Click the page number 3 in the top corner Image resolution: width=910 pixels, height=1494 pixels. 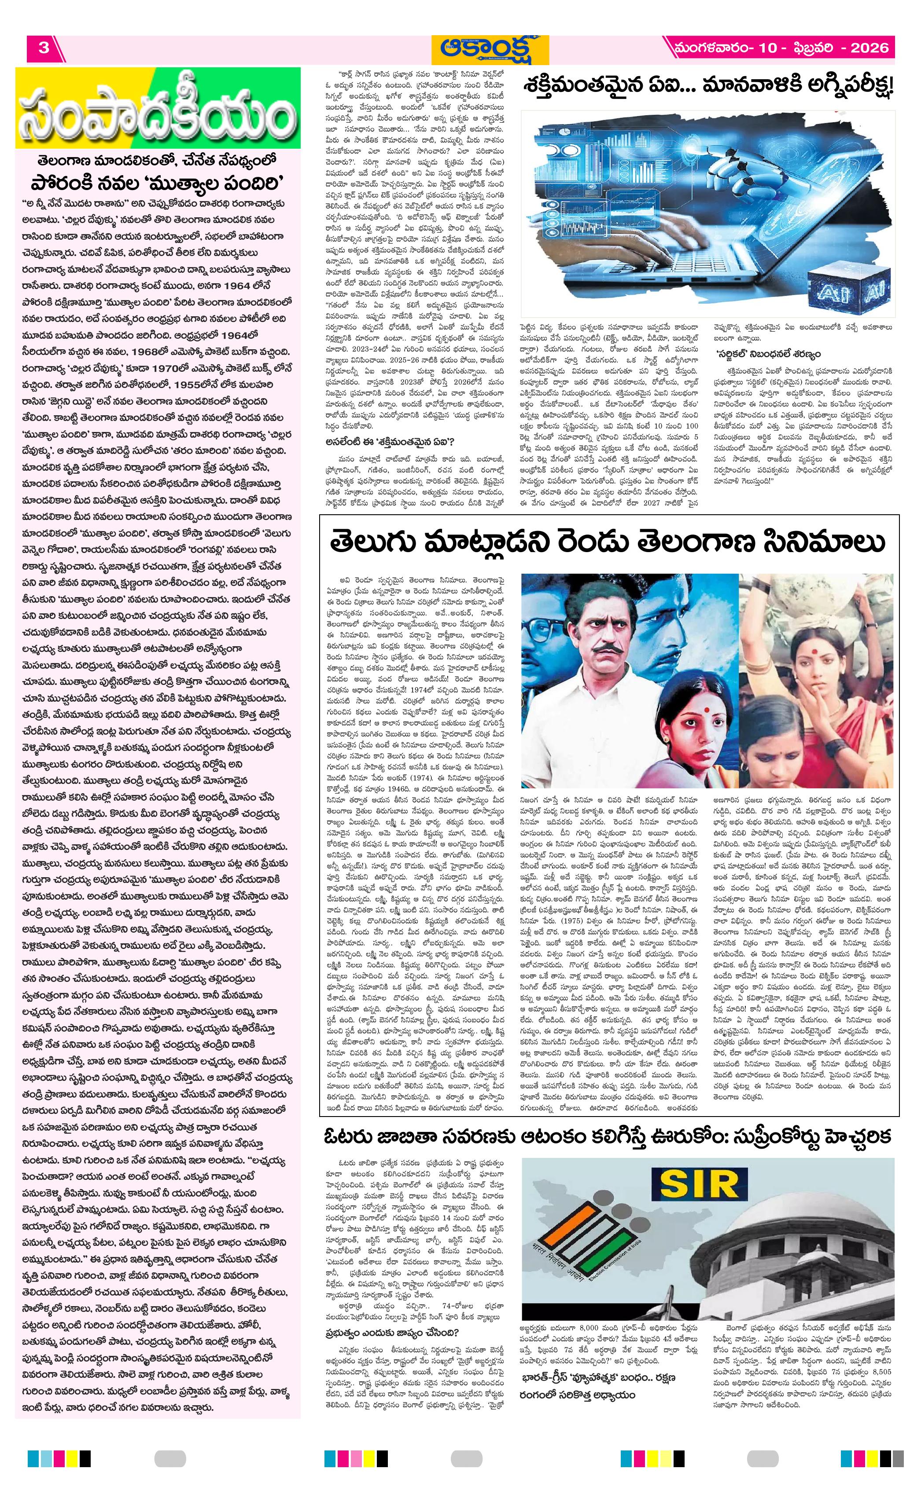(x=44, y=48)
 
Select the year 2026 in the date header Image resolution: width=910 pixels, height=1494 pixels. (x=869, y=48)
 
